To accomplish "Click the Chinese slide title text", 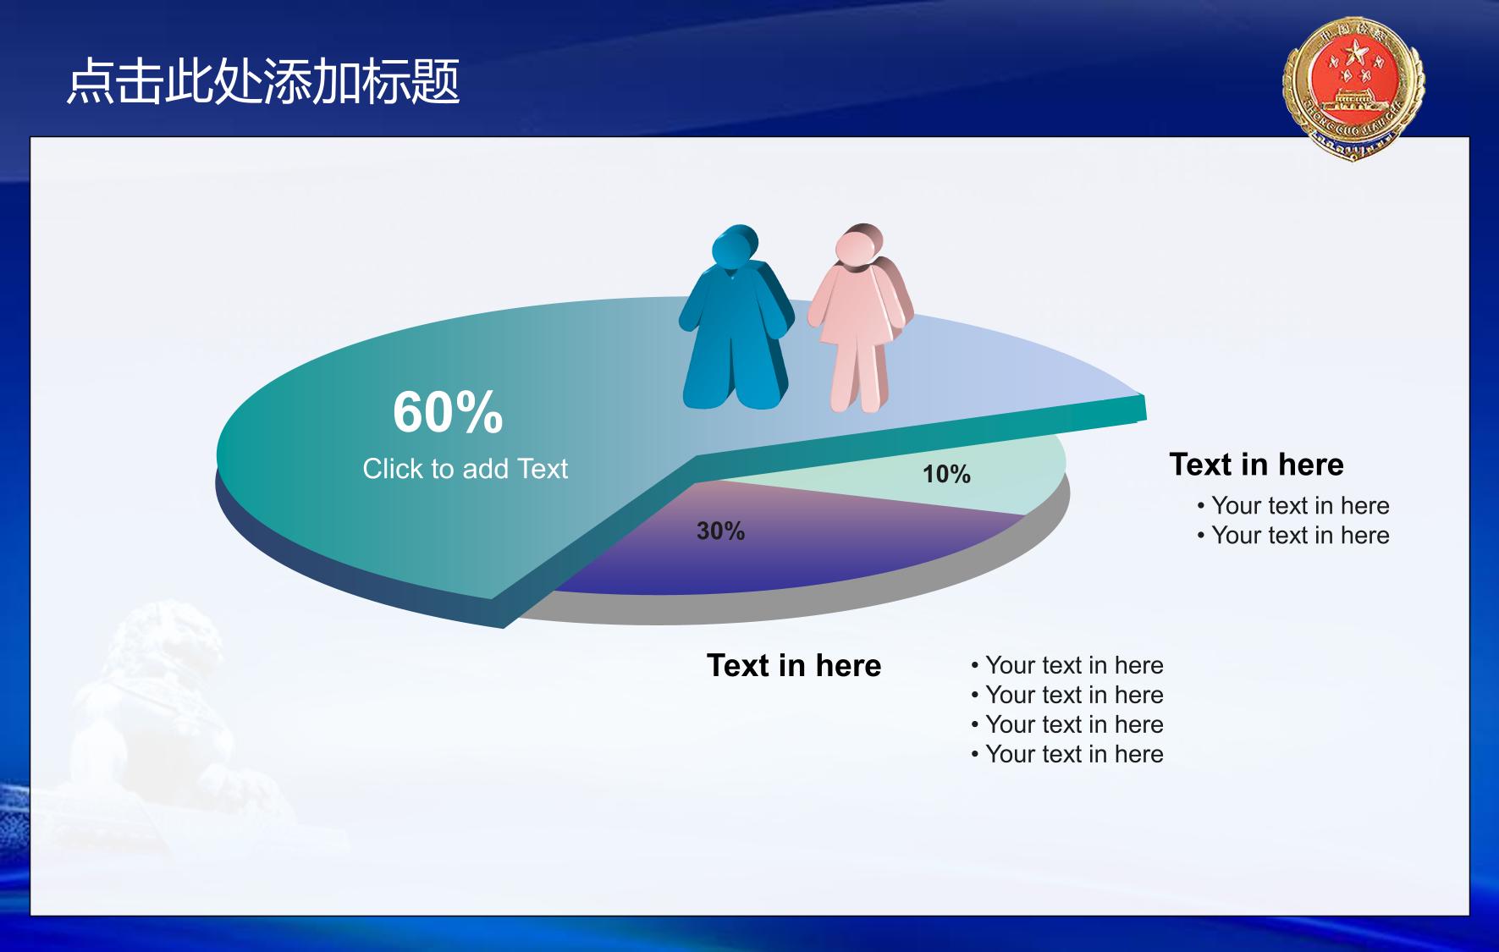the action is [x=263, y=82].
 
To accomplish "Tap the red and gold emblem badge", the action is [x=1353, y=88].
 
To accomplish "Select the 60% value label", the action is [x=448, y=412].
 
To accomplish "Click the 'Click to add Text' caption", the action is [x=465, y=469].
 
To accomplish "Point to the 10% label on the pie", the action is [x=946, y=474].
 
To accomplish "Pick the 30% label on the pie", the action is [x=720, y=531].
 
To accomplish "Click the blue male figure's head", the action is [x=735, y=246].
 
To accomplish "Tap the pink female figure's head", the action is [x=858, y=245].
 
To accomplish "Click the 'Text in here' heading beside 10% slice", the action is [x=1256, y=465].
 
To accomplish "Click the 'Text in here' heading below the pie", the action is [x=794, y=665].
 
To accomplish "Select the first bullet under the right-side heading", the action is [x=1293, y=505].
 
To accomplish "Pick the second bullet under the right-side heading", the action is [x=1293, y=535].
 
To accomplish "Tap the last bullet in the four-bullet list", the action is [x=1067, y=754].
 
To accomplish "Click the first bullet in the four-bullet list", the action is [x=1067, y=665].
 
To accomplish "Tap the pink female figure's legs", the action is [x=859, y=372].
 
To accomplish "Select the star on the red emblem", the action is [x=1353, y=56].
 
